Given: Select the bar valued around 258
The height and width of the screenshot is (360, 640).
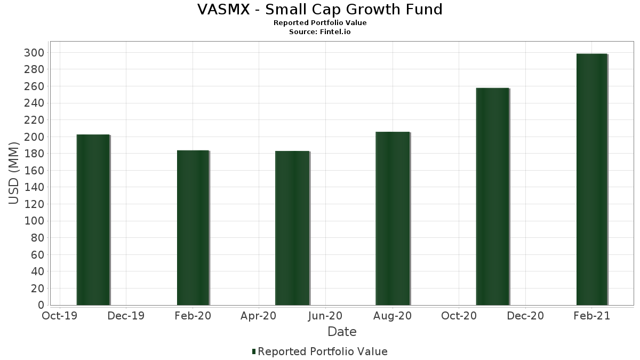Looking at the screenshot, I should coord(492,197).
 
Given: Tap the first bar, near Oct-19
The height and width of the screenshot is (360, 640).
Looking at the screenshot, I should coord(93,220).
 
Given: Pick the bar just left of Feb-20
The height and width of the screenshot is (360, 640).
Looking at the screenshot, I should coord(193,228).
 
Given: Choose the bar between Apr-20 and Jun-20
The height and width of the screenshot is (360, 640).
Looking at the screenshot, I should coord(292,228).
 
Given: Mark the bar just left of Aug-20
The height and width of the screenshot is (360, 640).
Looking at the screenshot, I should coord(393,219).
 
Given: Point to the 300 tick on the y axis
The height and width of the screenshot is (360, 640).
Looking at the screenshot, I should coord(37,52).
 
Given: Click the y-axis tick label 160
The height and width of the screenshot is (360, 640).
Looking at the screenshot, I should coord(37,171).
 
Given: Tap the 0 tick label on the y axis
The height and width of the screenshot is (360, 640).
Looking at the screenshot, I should coord(41,305).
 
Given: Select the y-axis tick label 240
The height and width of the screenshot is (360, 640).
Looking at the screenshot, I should coord(37,103).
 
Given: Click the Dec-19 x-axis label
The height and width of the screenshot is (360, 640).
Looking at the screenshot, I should coord(126,316).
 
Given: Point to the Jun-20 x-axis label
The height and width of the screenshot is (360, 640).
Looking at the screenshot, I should coord(326,316).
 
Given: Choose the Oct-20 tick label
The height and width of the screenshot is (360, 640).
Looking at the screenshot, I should coord(459,316).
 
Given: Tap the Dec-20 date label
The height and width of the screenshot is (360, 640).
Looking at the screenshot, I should coord(525,316).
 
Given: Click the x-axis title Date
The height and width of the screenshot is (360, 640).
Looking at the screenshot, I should coord(342,332).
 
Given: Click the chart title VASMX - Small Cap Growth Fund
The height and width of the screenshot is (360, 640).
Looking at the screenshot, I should coord(320,10).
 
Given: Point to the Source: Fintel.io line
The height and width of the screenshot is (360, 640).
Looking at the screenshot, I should coord(320,31).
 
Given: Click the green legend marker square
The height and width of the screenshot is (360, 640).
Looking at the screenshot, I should coord(254,351).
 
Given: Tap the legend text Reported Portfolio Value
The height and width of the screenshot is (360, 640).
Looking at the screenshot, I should coord(323,351).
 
